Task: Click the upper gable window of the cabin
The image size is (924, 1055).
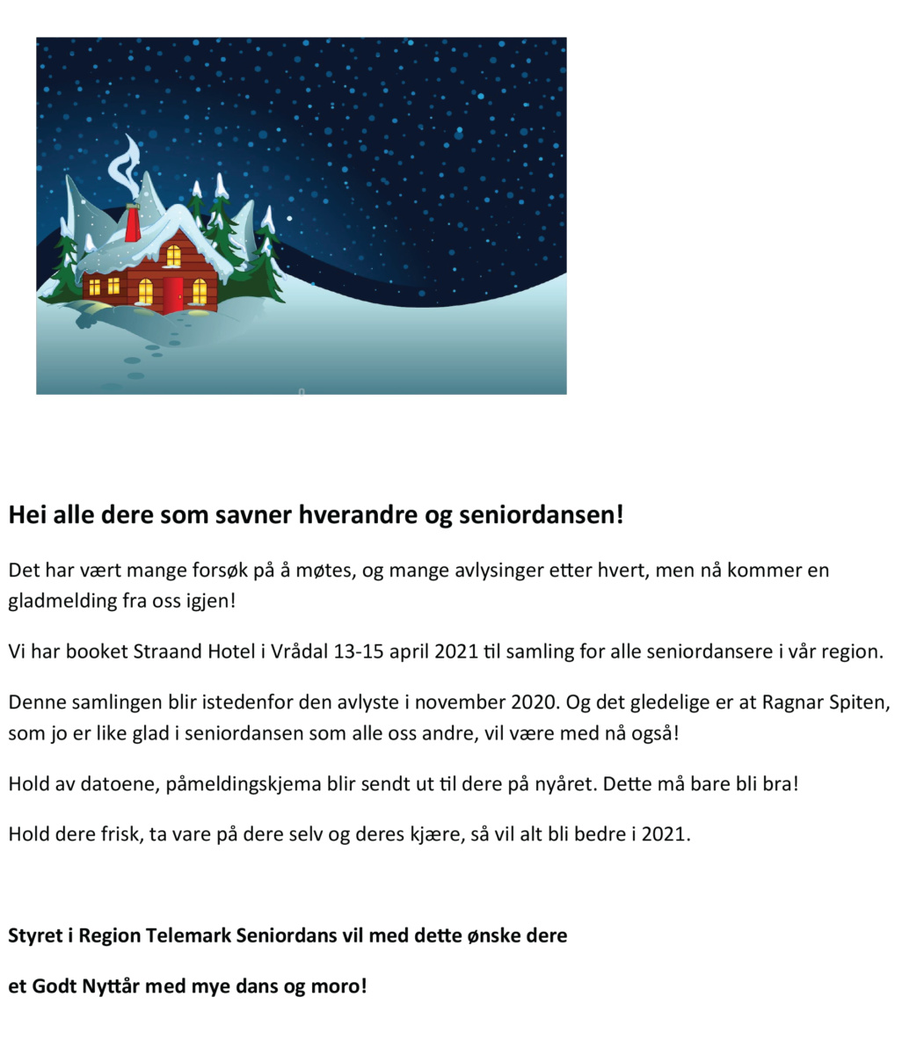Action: point(173,256)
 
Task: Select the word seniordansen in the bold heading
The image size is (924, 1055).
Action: point(540,515)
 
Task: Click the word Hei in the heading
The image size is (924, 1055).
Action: point(28,515)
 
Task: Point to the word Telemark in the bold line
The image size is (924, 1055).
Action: point(188,935)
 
